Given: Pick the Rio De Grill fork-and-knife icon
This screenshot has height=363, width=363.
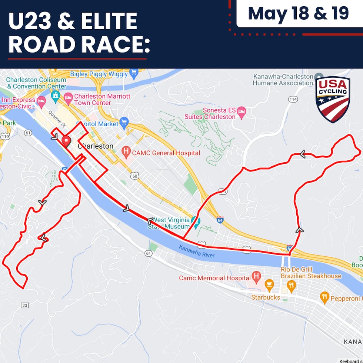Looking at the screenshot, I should (291, 286).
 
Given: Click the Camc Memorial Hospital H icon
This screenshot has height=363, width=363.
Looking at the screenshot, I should (256, 276).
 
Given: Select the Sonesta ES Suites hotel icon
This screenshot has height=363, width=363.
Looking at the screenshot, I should (242, 111).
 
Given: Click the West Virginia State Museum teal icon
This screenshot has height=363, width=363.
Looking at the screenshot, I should (196, 222).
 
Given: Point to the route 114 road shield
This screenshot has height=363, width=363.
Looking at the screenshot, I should (294, 99).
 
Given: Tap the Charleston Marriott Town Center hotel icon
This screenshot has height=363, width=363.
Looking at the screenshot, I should (68, 98).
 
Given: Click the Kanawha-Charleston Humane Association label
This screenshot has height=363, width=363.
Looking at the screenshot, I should (283, 80).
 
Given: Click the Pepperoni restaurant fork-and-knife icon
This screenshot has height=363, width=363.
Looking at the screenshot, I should (325, 296).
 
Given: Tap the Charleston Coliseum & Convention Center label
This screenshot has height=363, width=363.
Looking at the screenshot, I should (36, 83).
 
